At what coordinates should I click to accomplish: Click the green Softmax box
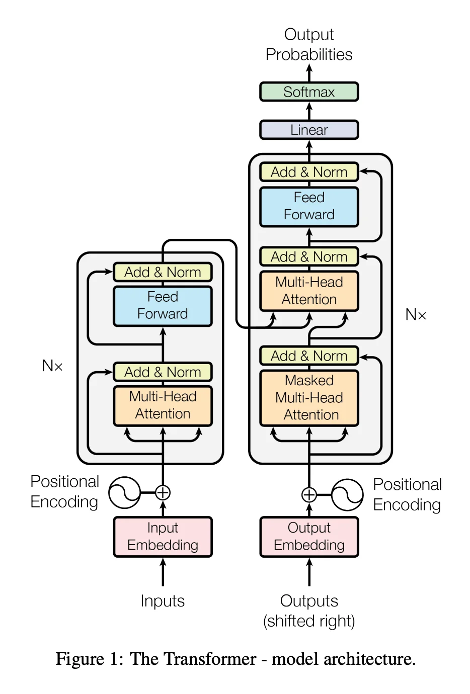click(x=309, y=92)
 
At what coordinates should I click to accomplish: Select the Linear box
click(x=309, y=130)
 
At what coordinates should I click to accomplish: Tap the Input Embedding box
click(x=163, y=537)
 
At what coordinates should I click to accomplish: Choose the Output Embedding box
click(x=309, y=537)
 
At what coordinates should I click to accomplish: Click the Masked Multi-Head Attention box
click(x=309, y=398)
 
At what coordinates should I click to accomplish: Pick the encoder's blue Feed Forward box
click(x=163, y=306)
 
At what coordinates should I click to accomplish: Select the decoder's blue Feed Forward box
click(x=309, y=206)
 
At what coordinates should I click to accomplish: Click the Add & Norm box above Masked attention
click(x=309, y=356)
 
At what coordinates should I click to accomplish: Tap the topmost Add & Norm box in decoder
click(x=309, y=172)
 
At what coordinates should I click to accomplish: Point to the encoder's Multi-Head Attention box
click(x=163, y=405)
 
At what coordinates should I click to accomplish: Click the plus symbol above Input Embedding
click(x=163, y=492)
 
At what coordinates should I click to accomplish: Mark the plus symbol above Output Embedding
click(x=309, y=495)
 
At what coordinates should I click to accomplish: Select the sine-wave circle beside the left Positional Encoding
click(x=124, y=492)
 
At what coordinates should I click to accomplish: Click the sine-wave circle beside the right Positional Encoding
click(x=347, y=495)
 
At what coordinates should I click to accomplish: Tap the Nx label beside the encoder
click(x=52, y=366)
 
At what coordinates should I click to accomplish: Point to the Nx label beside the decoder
click(x=416, y=315)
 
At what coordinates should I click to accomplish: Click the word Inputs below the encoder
click(x=163, y=601)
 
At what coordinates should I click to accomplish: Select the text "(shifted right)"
click(x=309, y=621)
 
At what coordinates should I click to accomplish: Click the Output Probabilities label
click(x=309, y=44)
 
